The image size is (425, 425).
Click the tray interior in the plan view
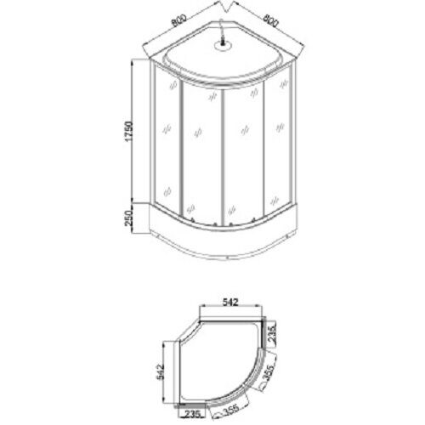pyautogui.click(x=229, y=357)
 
